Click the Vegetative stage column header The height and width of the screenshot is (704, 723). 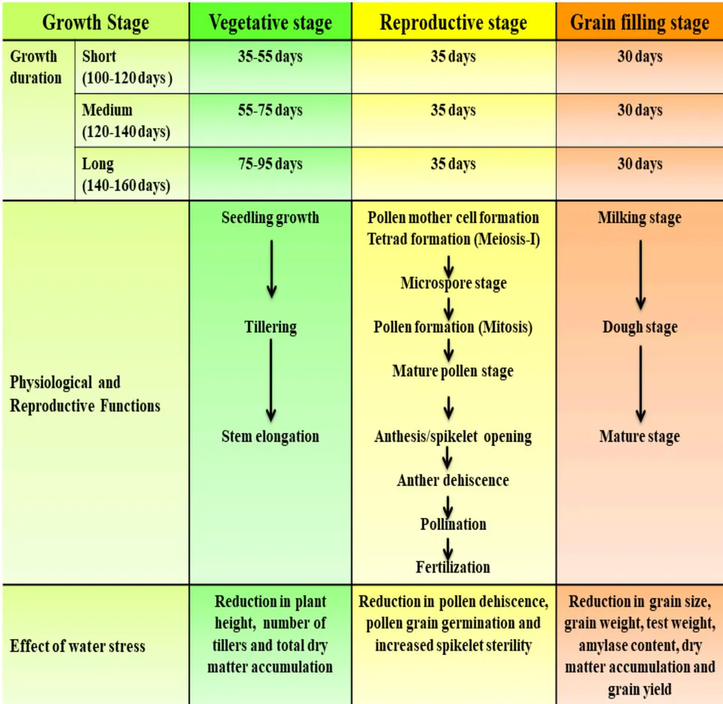coord(270,22)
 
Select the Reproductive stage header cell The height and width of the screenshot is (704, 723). coord(453,22)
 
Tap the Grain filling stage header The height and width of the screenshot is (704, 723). coord(639,22)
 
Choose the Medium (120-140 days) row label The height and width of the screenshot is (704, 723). coord(126,120)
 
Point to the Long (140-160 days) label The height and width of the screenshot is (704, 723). coord(126,174)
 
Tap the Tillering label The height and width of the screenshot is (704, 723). coord(270,327)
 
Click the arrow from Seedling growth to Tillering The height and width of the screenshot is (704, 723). coord(272,270)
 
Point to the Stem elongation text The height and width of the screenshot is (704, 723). coord(270,436)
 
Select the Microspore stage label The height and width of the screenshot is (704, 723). coord(453,283)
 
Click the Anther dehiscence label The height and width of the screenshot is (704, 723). coord(453,480)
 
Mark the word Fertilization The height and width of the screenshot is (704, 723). coord(453,567)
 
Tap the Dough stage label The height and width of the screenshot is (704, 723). coord(640,328)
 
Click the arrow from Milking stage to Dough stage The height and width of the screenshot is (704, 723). coord(640,275)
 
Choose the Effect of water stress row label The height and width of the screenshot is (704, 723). coord(78,646)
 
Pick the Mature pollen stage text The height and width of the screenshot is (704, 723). coord(453,371)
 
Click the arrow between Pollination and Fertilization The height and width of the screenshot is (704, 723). coord(448,550)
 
